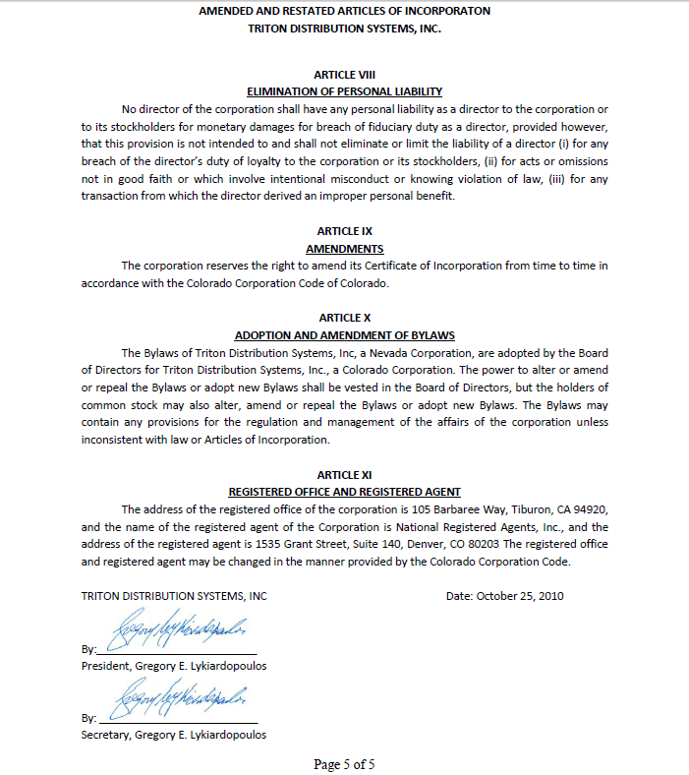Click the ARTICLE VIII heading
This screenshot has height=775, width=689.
[344, 75]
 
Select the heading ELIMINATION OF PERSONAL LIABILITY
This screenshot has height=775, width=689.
[344, 91]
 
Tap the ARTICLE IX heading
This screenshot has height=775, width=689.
[344, 231]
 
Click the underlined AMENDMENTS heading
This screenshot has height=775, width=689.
[344, 249]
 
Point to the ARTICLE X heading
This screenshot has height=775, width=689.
[344, 318]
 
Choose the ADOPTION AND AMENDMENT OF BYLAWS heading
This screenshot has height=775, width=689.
[344, 335]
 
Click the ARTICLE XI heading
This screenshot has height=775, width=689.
[344, 475]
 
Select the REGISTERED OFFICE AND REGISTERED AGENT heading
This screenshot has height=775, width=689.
[344, 492]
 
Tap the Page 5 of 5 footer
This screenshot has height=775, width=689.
[344, 764]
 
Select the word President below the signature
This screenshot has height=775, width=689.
[105, 666]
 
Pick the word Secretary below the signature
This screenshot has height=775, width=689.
[104, 735]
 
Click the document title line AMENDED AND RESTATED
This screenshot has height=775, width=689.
[344, 11]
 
